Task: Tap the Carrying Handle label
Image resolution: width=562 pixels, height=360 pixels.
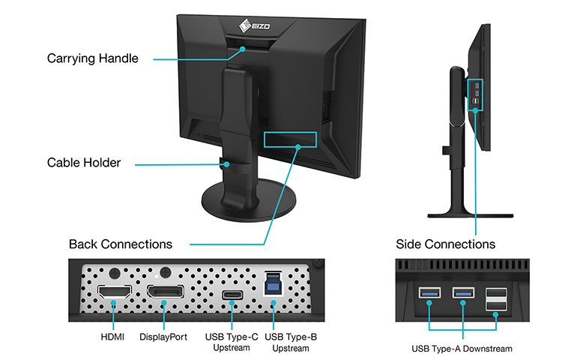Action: pos(93,58)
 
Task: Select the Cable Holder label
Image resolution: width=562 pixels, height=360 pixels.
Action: pos(84,163)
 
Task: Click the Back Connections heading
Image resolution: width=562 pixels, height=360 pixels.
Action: pos(120,244)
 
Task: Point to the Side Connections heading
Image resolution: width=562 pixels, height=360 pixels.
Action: pos(445,244)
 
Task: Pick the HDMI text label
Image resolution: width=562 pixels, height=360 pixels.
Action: pos(112,337)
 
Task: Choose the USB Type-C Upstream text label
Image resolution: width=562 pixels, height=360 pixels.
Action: pos(232,343)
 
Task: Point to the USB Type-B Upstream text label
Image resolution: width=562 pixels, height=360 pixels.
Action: pos(289,343)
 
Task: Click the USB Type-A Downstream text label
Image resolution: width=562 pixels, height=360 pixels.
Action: pos(461,349)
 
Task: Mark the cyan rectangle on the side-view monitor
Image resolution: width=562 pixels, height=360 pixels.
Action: pos(477,95)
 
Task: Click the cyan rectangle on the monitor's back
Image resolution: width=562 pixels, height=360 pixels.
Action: pos(290,139)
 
